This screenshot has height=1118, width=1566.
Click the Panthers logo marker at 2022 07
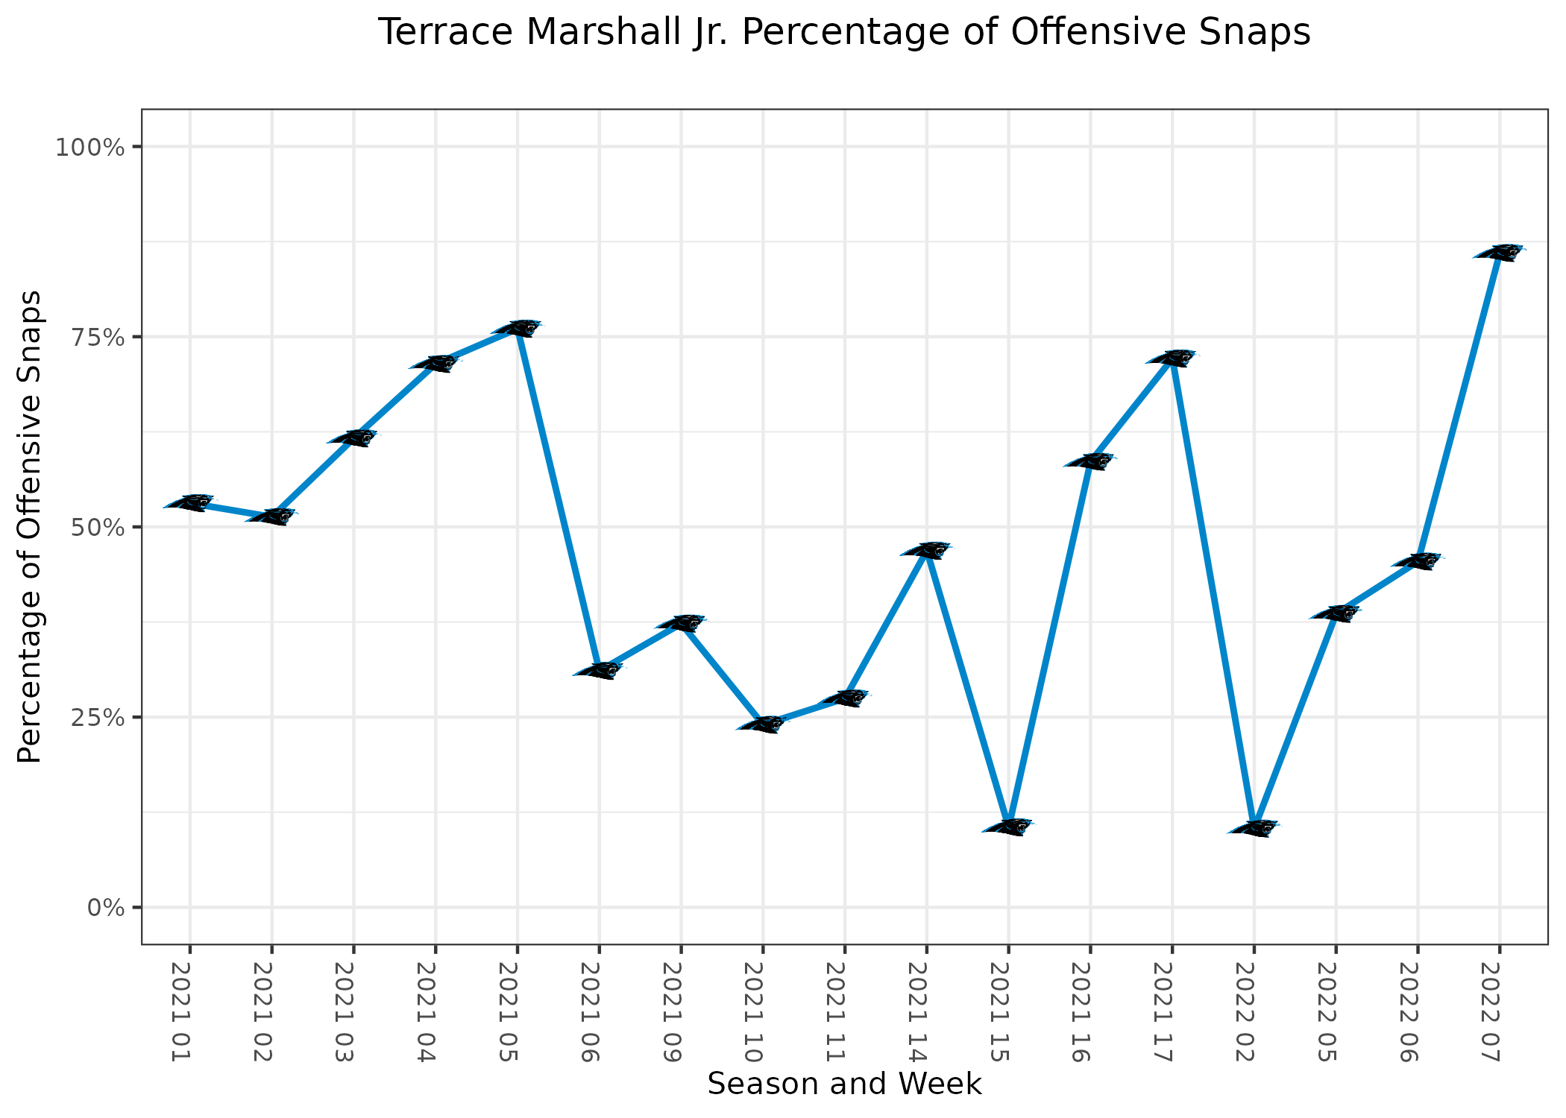click(x=1499, y=253)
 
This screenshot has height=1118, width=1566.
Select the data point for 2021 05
click(x=517, y=328)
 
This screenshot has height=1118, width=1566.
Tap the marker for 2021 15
click(x=1008, y=827)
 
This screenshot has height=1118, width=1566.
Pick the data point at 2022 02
click(x=1254, y=828)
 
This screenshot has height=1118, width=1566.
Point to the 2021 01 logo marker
click(x=189, y=502)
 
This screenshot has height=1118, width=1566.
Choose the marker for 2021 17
click(x=1172, y=358)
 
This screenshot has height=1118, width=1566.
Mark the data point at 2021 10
click(x=762, y=724)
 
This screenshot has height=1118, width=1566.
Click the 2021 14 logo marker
click(x=926, y=550)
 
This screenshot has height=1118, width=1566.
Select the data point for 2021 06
click(x=599, y=670)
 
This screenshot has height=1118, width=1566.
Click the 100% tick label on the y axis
click(x=89, y=147)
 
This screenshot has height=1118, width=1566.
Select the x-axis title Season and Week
click(x=844, y=1084)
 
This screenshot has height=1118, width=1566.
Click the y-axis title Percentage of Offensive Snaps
click(x=30, y=527)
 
